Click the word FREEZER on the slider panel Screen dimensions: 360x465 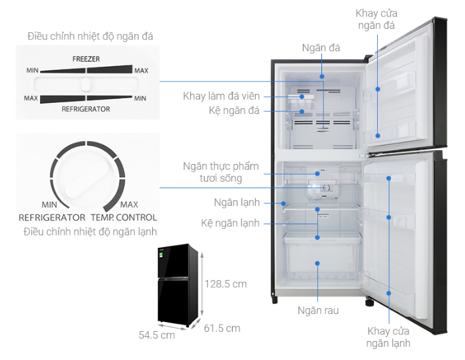86,59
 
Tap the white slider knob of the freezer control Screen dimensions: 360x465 86,84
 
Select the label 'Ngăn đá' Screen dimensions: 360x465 321,48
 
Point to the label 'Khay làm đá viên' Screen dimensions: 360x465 222,96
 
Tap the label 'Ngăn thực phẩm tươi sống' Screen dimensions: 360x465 221,172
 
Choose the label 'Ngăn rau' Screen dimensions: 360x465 318,310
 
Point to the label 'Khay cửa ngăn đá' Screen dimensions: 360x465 376,19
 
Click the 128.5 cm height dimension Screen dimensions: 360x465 226,284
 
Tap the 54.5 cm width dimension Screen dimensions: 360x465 157,334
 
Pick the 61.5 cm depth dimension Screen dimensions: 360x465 222,328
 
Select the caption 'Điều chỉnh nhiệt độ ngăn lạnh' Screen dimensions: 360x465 90,231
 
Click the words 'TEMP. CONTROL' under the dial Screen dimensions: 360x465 123,217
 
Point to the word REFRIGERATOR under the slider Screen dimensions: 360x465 86,109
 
